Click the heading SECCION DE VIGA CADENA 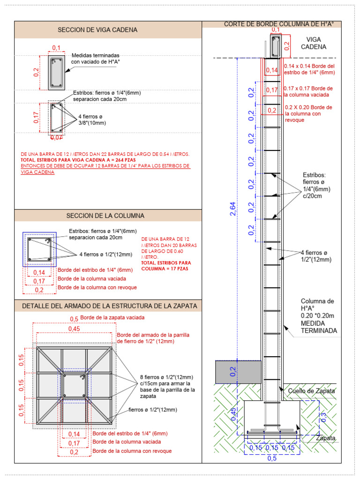click(x=97, y=30)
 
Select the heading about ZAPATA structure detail click(x=110, y=306)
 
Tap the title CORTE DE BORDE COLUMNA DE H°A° click(x=282, y=24)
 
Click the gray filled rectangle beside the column click(x=238, y=371)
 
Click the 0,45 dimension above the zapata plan click(x=74, y=329)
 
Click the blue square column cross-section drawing click(x=39, y=249)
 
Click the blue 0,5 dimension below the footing click(x=272, y=458)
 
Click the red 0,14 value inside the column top click(x=271, y=70)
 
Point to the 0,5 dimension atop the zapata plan click(x=74, y=318)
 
